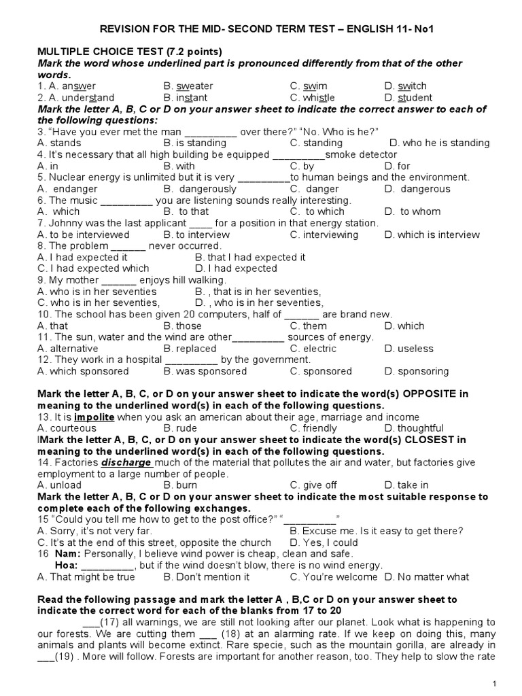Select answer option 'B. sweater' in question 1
pos(188,86)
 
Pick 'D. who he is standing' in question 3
pos(439,143)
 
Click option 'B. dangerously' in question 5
pos(200,189)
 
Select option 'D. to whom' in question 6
pos(412,212)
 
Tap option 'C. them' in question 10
pos(309,326)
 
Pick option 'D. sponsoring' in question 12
pos(416,372)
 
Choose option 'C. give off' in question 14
pos(313,485)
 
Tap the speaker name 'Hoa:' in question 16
pos(65,565)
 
